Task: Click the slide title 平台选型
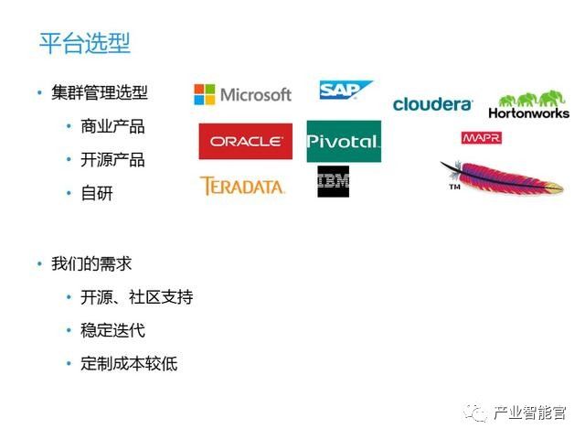click(84, 42)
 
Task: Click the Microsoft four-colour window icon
click(204, 94)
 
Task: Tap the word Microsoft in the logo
click(256, 94)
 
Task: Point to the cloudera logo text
click(432, 104)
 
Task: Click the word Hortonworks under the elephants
click(528, 113)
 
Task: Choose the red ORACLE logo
click(246, 142)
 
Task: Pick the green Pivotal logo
click(343, 142)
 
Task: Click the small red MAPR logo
click(481, 138)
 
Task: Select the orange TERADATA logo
click(242, 186)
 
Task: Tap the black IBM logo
click(333, 182)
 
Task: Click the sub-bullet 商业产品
click(112, 126)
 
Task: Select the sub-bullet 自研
click(97, 193)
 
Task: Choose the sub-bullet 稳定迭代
click(112, 330)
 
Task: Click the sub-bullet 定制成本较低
click(129, 363)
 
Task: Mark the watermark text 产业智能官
click(529, 412)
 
